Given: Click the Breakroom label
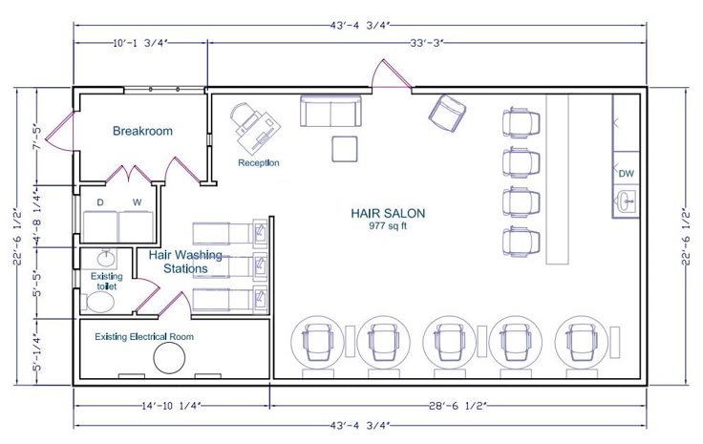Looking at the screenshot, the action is pyautogui.click(x=142, y=131).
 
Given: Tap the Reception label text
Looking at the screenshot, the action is pyautogui.click(x=258, y=162).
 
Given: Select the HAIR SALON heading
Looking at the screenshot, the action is pyautogui.click(x=388, y=213).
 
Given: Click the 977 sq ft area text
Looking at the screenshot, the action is pyautogui.click(x=388, y=225).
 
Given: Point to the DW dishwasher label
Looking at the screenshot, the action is pyautogui.click(x=627, y=173).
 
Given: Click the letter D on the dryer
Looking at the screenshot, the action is pyautogui.click(x=100, y=202).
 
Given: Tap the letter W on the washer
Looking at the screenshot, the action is pyautogui.click(x=137, y=202).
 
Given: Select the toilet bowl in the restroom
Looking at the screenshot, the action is pyautogui.click(x=100, y=302).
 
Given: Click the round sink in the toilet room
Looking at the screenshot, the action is pyautogui.click(x=106, y=259).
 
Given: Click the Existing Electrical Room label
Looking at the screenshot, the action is pyautogui.click(x=144, y=336).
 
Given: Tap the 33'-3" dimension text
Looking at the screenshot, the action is pyautogui.click(x=426, y=43).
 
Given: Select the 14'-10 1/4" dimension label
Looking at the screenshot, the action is pyautogui.click(x=170, y=406).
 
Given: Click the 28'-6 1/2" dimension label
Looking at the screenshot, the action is pyautogui.click(x=458, y=406).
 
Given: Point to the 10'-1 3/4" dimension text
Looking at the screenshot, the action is pyautogui.click(x=139, y=43).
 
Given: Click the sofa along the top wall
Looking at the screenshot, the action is pyautogui.click(x=330, y=111).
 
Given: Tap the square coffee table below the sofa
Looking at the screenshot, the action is pyautogui.click(x=345, y=149).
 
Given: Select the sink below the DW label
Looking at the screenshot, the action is pyautogui.click(x=626, y=201).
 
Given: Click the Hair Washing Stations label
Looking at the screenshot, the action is pyautogui.click(x=185, y=262).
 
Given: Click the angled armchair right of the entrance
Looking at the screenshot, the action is pyautogui.click(x=447, y=114).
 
